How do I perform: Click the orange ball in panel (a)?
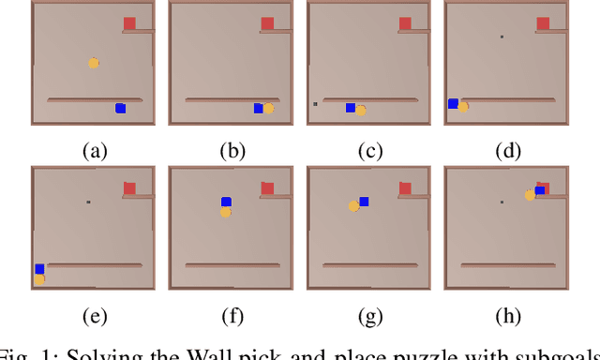94,63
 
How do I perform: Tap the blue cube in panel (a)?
120,109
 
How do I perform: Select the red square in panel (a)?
129,23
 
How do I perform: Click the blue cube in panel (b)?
258,109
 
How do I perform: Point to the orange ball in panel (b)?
268,108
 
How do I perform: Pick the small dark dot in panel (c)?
315,104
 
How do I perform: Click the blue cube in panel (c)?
350,108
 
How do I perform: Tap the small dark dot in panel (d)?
502,37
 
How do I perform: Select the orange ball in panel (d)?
462,107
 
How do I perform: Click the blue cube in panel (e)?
39,269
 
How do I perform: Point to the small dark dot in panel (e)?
88,202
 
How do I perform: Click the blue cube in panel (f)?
226,202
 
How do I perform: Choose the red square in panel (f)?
267,188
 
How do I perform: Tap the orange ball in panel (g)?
353,206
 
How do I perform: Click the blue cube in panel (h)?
540,190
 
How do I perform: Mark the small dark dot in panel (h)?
502,202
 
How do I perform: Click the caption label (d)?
507,149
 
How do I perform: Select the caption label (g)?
369,316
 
